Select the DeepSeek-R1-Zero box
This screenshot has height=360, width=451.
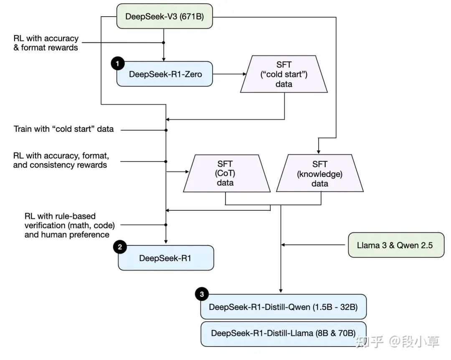point(165,74)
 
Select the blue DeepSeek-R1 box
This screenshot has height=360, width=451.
point(165,258)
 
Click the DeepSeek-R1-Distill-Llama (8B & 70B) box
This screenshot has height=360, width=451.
point(283,333)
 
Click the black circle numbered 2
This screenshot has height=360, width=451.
point(120,247)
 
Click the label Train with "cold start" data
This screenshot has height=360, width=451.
point(63,129)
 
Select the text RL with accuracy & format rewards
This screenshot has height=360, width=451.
point(46,43)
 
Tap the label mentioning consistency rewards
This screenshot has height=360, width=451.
point(61,161)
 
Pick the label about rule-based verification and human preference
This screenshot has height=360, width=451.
point(69,225)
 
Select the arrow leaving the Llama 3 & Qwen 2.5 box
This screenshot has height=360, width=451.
point(316,245)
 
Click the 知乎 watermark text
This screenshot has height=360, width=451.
point(369,342)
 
